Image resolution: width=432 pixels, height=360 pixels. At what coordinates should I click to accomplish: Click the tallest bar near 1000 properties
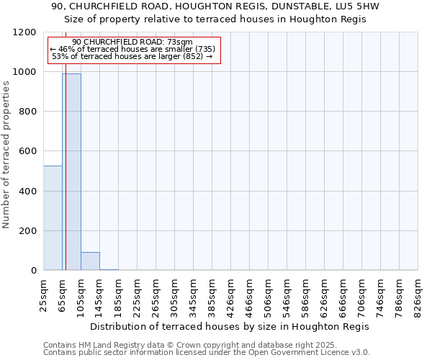[x=72, y=173]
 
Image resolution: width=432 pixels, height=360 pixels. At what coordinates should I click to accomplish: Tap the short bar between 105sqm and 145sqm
[x=90, y=261]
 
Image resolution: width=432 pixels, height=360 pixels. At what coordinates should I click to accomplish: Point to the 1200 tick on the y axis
[x=27, y=32]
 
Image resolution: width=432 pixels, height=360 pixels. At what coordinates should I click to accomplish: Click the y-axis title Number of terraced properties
[x=6, y=155]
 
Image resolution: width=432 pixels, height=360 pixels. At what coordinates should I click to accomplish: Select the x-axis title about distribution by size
[x=230, y=326]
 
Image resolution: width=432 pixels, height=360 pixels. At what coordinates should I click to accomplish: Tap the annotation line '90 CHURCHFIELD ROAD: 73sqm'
[x=132, y=42]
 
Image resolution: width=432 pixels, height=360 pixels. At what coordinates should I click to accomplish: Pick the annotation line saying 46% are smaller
[x=132, y=49]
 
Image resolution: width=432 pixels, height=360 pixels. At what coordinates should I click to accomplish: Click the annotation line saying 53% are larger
[x=132, y=56]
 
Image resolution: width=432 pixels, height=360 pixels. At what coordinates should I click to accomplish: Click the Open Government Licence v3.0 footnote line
[x=207, y=353]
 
